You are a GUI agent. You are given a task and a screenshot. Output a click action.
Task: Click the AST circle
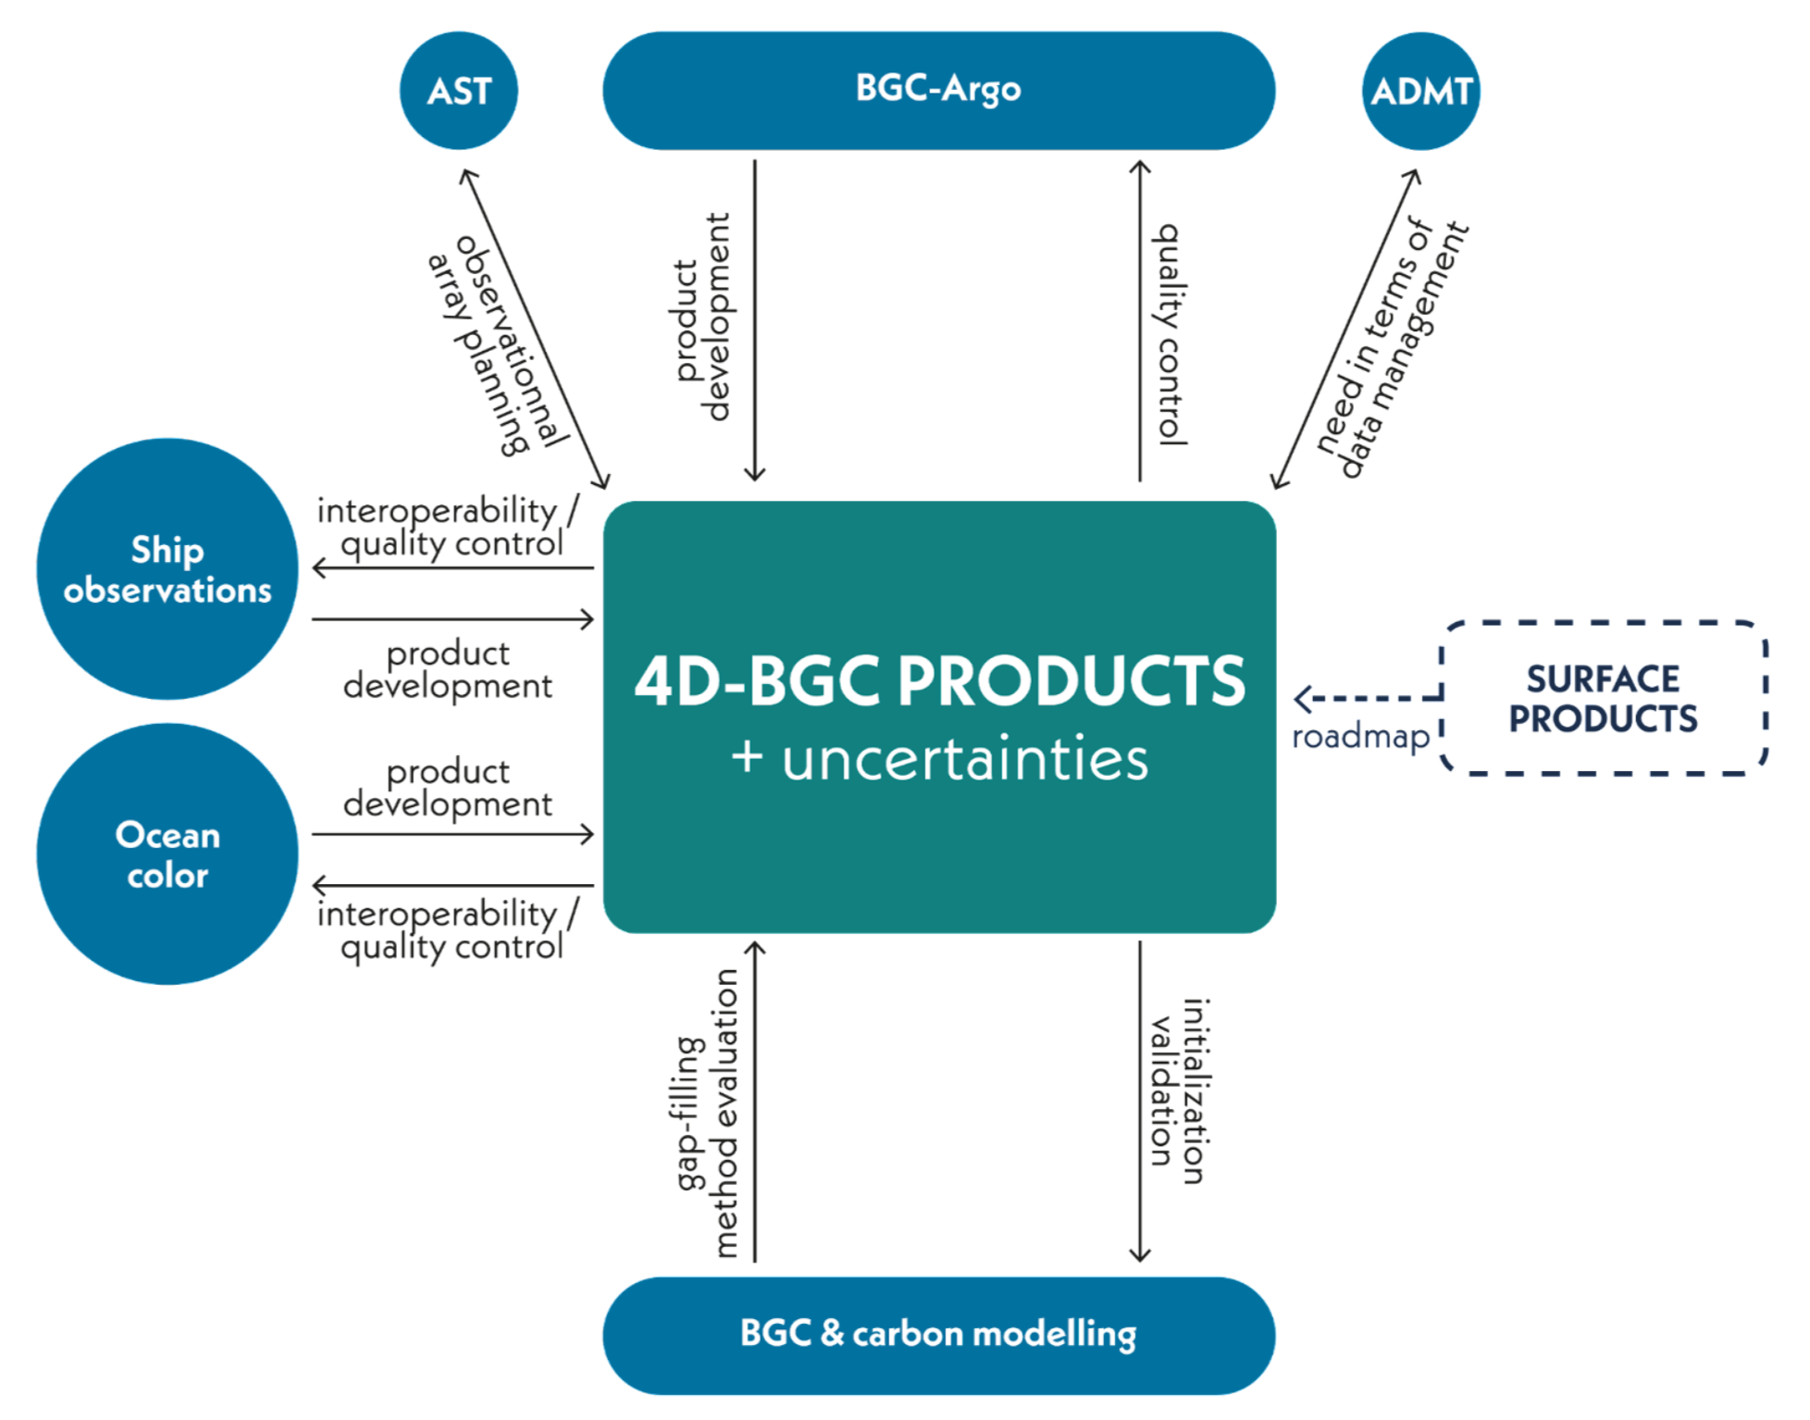(458, 91)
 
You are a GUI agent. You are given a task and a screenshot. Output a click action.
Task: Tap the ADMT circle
(1420, 91)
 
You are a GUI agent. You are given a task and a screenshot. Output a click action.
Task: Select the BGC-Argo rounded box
(938, 90)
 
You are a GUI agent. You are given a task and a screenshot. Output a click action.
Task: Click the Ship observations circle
(167, 569)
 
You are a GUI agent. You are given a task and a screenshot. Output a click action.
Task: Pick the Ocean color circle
(167, 853)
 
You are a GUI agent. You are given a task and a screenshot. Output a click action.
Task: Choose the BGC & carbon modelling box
(938, 1335)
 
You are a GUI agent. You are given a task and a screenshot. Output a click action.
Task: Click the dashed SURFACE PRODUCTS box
(1603, 698)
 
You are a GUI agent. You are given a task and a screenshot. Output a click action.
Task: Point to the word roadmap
(1360, 737)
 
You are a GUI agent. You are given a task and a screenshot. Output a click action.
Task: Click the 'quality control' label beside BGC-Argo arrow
(1172, 333)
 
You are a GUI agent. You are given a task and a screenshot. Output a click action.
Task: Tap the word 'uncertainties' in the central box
(964, 759)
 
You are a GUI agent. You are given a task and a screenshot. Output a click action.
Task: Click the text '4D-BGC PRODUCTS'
(939, 681)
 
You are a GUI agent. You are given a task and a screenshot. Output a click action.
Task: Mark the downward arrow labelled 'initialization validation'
(1140, 1102)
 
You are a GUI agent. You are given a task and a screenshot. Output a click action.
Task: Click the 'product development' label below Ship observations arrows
(448, 669)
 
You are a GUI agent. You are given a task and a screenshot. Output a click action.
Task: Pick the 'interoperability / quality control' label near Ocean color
(448, 929)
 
